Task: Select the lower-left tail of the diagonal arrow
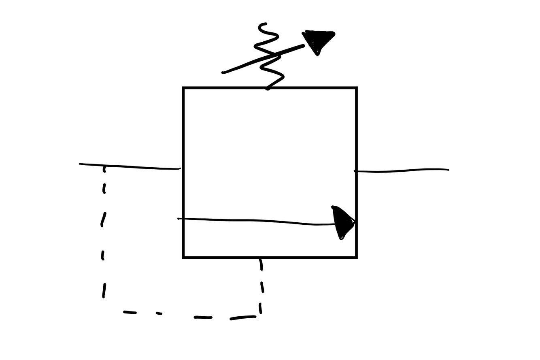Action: click(x=223, y=72)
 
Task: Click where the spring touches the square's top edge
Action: click(x=268, y=88)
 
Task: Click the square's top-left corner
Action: click(x=183, y=88)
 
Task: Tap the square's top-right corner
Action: click(x=356, y=88)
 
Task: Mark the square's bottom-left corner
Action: click(x=183, y=257)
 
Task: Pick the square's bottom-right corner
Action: click(x=356, y=257)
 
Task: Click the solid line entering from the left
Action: click(x=130, y=166)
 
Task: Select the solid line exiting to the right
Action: click(x=401, y=171)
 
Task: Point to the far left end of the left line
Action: click(x=80, y=164)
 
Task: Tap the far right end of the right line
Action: click(x=448, y=170)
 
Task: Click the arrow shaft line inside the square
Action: click(x=259, y=221)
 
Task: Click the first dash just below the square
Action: click(x=261, y=264)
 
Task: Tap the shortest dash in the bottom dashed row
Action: click(x=159, y=313)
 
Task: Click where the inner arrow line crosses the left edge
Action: click(x=184, y=219)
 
